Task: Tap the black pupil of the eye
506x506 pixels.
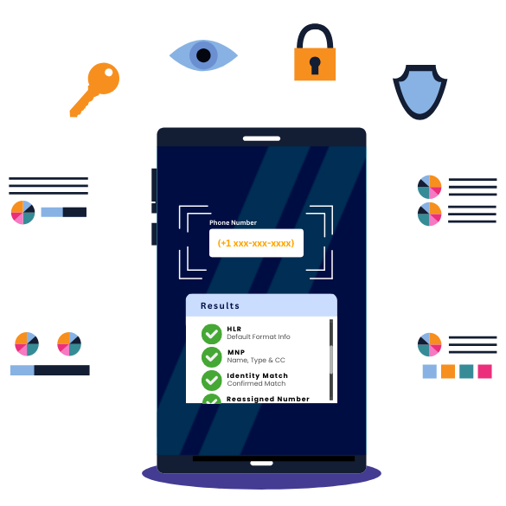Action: coord(203,55)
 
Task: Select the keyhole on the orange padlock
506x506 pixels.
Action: coord(315,65)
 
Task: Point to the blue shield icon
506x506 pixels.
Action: coord(420,92)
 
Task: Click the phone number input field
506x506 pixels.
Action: coord(256,243)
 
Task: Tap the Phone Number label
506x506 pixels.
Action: coord(233,222)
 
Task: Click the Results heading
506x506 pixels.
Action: coord(220,305)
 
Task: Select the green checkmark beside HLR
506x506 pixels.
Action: coord(212,334)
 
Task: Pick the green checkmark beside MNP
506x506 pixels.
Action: coord(212,357)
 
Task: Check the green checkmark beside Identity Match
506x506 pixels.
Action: coord(212,381)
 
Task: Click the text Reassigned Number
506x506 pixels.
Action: coord(268,400)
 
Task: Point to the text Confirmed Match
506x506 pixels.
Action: coord(256,383)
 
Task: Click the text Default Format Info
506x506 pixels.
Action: coord(259,336)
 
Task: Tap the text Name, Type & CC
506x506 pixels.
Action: coord(256,360)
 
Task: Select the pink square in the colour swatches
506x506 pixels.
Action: coord(484,371)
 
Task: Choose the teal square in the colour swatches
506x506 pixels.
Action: coord(466,371)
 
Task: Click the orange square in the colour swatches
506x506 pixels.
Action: coord(448,371)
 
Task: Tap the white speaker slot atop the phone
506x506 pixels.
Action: coord(261,138)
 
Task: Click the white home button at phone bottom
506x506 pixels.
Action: coord(261,463)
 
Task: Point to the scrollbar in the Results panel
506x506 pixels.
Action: coord(331,360)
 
